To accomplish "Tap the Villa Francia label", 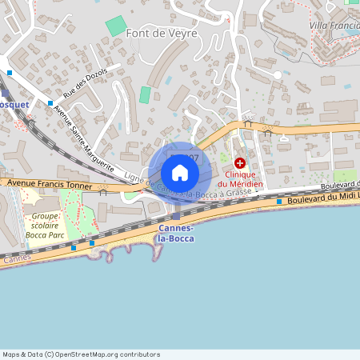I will click(x=334, y=25).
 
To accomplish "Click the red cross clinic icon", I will click(x=240, y=162).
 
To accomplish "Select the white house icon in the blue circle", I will click(x=180, y=173).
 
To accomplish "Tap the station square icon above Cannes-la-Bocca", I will click(x=175, y=216).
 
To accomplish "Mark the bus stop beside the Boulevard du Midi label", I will click(x=279, y=202).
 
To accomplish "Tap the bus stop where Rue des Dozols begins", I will click(x=50, y=103).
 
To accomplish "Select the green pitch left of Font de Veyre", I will click(x=116, y=26).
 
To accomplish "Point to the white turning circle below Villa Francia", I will click(x=278, y=74).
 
